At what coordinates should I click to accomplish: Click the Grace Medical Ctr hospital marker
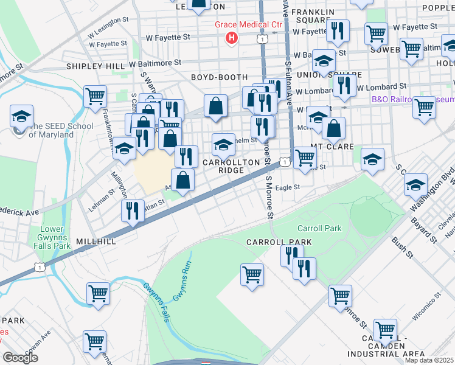point(231,38)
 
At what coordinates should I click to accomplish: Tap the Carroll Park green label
point(319,228)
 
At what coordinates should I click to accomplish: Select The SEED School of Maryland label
point(59,130)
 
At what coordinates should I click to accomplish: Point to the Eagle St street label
point(288,188)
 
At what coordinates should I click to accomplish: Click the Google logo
point(20,357)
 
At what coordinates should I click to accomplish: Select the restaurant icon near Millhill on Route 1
point(131,210)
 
